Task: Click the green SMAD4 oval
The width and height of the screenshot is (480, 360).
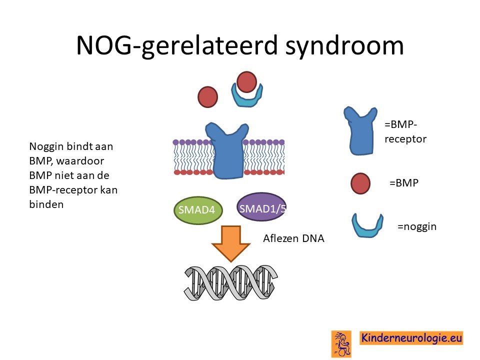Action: [x=198, y=210]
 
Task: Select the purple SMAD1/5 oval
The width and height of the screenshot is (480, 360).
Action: [x=261, y=207]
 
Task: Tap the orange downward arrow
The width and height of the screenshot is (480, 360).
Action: [x=231, y=243]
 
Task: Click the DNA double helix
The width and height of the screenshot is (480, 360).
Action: [x=231, y=282]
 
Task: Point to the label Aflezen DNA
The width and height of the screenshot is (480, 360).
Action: [x=293, y=238]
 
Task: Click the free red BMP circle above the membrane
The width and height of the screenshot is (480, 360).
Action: [x=208, y=97]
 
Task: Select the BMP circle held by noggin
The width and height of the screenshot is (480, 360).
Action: [x=246, y=82]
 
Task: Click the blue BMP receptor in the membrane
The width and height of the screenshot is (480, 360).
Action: [x=227, y=150]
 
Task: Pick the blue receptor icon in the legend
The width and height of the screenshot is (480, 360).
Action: [x=360, y=130]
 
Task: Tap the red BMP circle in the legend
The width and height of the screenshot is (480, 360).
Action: [x=360, y=183]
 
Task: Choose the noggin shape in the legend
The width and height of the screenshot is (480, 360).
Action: [x=367, y=225]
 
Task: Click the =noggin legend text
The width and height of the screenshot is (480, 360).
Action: [x=417, y=227]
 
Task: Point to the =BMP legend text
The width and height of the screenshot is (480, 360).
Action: [x=404, y=183]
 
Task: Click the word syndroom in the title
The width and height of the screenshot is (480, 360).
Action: [x=344, y=45]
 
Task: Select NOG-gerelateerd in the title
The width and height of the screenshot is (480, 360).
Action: [x=176, y=45]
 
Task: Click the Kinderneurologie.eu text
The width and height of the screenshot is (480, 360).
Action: [x=411, y=338]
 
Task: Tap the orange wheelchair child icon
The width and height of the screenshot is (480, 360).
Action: [x=341, y=344]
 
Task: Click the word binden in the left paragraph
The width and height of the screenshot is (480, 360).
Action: [x=46, y=204]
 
